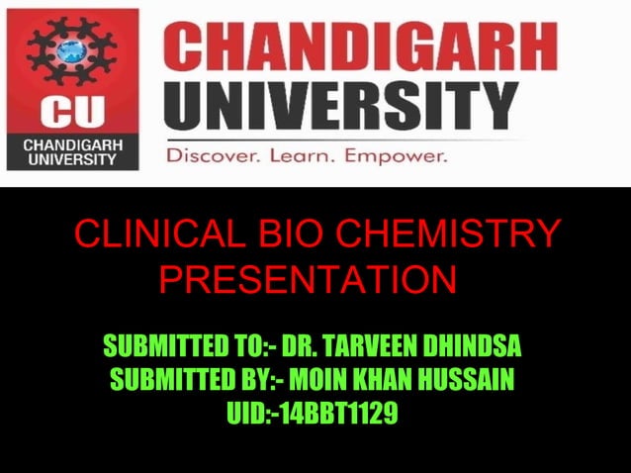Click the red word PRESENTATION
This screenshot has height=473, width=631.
tap(307, 280)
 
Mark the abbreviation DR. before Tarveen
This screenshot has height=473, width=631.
tap(299, 347)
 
